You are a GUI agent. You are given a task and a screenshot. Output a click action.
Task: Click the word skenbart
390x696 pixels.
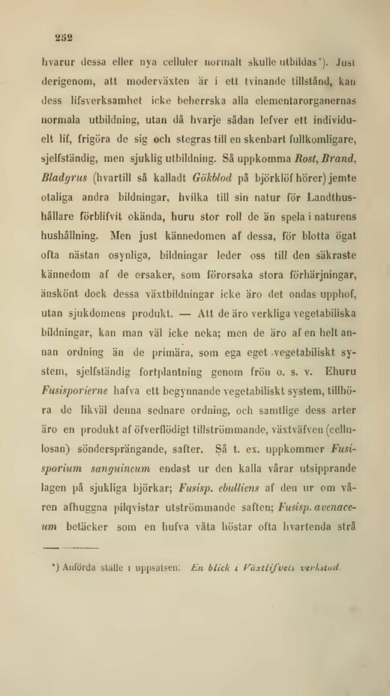[x=261, y=139]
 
